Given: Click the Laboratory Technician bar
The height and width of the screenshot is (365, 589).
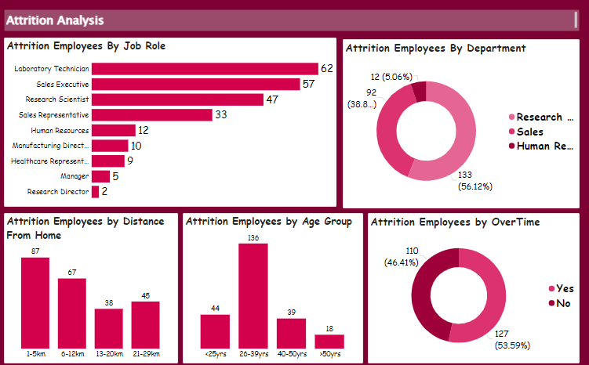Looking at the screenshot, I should (x=205, y=69).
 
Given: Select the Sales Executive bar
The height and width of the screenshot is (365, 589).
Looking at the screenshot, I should (x=196, y=84).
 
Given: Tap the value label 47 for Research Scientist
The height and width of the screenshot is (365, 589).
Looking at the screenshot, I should (x=272, y=99).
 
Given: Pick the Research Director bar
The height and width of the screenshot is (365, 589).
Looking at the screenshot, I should (x=96, y=191).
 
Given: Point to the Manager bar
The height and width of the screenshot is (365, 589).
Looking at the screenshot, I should (x=100, y=176).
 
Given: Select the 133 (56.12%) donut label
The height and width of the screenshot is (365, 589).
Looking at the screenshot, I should (x=474, y=180).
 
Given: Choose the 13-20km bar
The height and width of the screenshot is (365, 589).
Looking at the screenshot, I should (x=108, y=327).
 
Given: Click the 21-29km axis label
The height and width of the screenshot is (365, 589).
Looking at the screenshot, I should (x=145, y=355).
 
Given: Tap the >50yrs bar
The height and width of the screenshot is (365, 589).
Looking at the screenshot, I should (x=329, y=341).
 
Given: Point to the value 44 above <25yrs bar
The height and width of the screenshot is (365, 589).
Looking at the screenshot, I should (x=215, y=309).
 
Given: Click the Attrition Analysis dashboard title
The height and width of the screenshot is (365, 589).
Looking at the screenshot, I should (x=55, y=20).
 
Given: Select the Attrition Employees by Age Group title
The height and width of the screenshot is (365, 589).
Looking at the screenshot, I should (x=268, y=222).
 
